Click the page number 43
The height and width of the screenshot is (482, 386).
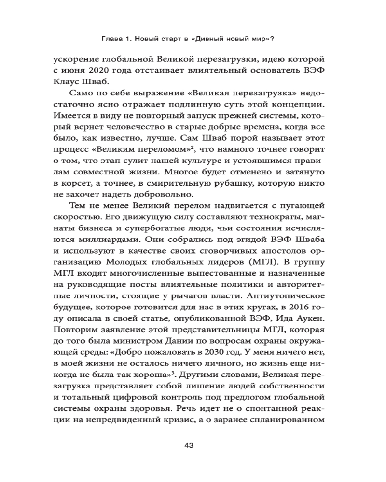(x=189, y=445)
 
